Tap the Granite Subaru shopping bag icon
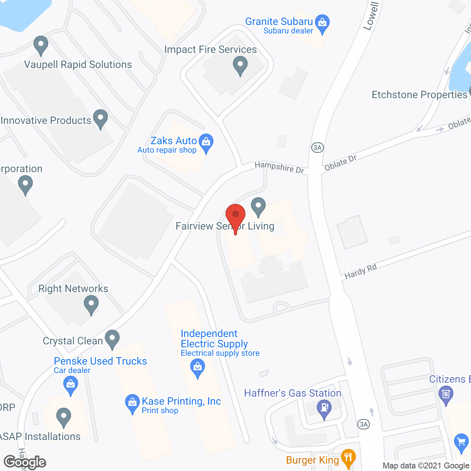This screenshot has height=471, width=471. pos(322,23)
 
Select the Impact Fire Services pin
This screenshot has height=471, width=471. pos(240,65)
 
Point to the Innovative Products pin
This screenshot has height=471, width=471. pos(100,118)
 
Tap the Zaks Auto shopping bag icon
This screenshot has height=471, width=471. pos(206,142)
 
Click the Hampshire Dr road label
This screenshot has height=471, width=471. pos(279,167)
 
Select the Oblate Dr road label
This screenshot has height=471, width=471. pos(340,163)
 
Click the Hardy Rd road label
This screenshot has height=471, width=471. pos(361,271)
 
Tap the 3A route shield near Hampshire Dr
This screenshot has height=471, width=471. pos(317,148)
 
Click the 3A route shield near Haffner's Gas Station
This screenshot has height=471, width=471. pos(364,424)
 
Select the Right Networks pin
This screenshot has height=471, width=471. pos(91,305)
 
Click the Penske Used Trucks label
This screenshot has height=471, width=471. pos(100,361)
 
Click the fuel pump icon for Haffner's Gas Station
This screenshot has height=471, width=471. pos(324,408)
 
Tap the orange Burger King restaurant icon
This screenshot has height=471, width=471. pos(348,458)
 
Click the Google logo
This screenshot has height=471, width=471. pos(25,462)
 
